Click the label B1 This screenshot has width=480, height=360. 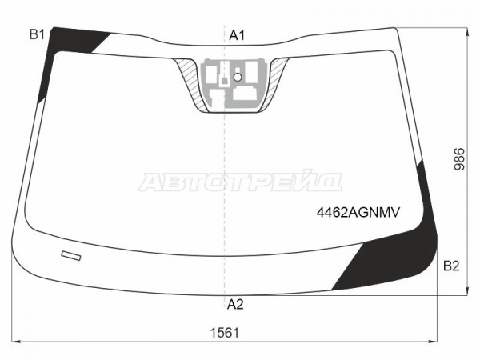pyautogui.click(x=37, y=34)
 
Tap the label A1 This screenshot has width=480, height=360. pyautogui.click(x=237, y=35)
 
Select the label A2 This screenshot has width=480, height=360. pyautogui.click(x=235, y=305)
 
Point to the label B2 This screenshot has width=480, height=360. pyautogui.click(x=451, y=266)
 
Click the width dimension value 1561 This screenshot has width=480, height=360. pyautogui.click(x=224, y=333)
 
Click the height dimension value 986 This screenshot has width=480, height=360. pyautogui.click(x=459, y=159)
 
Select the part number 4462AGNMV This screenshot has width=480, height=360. pyautogui.click(x=358, y=212)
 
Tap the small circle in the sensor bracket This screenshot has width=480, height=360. pyautogui.click(x=238, y=77)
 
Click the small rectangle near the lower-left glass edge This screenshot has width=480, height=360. pyautogui.click(x=71, y=256)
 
